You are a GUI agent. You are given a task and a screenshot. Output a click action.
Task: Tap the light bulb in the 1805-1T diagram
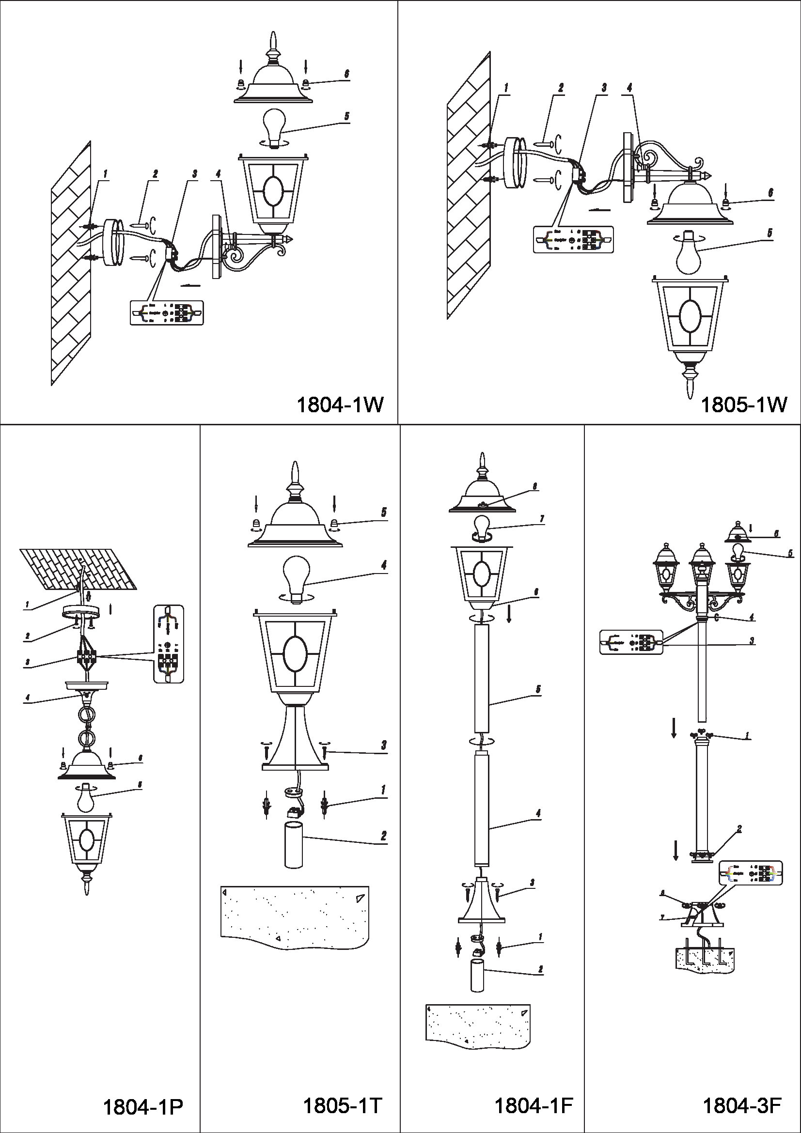[x=295, y=578]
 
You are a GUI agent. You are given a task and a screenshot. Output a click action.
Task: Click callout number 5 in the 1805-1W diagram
[x=770, y=233]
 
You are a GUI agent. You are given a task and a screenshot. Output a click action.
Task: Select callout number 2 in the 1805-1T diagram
[x=383, y=836]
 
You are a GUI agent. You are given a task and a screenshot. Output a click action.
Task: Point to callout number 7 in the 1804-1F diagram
[x=541, y=519]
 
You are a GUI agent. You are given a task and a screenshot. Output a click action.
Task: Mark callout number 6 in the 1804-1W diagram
[x=346, y=74]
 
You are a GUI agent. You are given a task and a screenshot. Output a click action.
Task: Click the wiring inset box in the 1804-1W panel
[x=167, y=313]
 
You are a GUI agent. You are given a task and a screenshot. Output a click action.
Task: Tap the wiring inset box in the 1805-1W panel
[x=573, y=239]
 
